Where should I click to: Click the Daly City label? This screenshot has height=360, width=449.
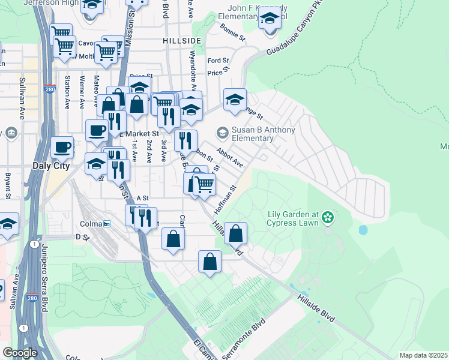[50, 166]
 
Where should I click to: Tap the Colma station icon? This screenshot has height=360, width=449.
[107, 224]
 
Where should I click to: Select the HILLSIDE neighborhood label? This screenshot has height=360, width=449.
[181, 40]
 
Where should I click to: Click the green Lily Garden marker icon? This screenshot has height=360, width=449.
[328, 216]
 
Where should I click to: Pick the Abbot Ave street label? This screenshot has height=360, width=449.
[230, 158]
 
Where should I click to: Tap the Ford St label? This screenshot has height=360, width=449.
[218, 61]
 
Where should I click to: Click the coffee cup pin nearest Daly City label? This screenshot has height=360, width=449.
[62, 146]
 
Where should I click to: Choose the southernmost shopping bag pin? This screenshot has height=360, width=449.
[209, 262]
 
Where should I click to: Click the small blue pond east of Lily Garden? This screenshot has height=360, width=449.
[363, 230]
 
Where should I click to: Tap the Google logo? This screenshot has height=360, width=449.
[20, 352]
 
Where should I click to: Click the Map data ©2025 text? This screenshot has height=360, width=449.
[423, 355]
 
